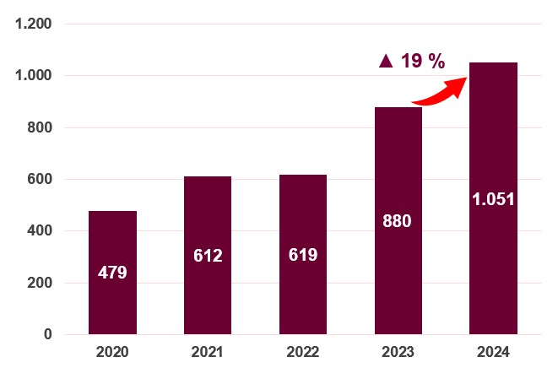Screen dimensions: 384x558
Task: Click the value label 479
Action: pos(112,273)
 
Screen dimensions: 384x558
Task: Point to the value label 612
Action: pos(208,256)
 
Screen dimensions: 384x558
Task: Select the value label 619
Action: pos(303,255)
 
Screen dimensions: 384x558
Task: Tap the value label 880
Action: pos(398,221)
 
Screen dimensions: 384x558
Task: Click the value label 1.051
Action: pos(493,199)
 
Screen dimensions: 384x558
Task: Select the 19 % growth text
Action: pos(422,61)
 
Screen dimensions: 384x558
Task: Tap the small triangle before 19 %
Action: pos(386,61)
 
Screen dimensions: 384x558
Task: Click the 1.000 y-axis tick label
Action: pos(34,76)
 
